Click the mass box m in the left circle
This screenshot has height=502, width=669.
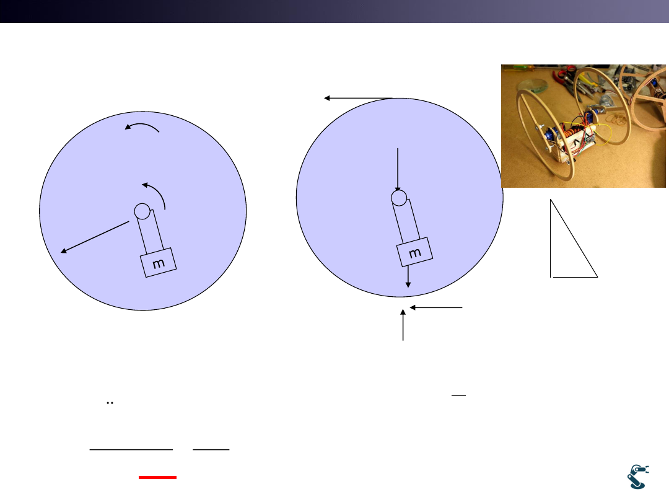(x=159, y=263)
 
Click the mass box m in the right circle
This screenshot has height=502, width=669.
(x=414, y=252)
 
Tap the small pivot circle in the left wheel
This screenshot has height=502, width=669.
(x=142, y=211)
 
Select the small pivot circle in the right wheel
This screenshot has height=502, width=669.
(x=399, y=198)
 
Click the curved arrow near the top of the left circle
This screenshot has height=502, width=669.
(x=142, y=126)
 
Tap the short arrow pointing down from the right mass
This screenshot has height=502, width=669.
(x=408, y=276)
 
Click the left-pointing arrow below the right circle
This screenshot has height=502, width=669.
(x=436, y=307)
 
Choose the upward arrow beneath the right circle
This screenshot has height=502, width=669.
(x=403, y=325)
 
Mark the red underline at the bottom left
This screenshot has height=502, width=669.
(x=157, y=477)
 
